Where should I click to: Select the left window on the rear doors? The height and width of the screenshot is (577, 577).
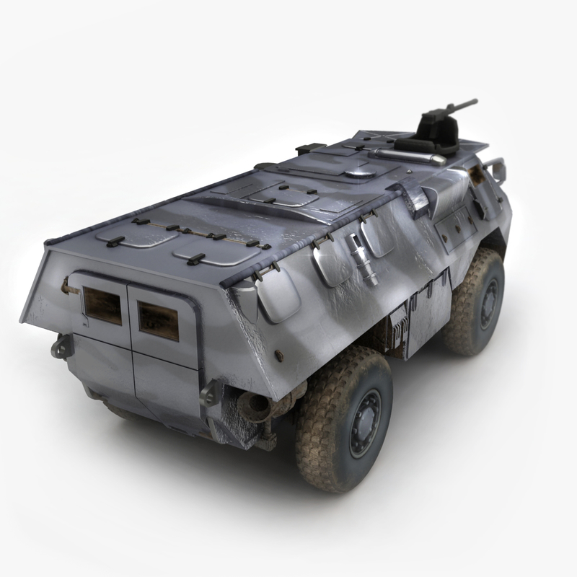click(x=102, y=304)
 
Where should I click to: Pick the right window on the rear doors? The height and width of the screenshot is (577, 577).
click(x=158, y=320)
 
